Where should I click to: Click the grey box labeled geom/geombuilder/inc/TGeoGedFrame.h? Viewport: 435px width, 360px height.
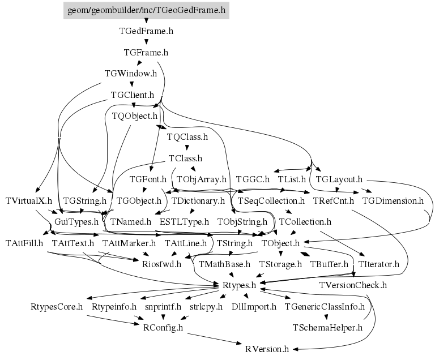click(146, 10)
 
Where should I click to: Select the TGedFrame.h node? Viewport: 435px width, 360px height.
click(146, 31)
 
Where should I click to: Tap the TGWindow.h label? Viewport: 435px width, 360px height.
click(131, 74)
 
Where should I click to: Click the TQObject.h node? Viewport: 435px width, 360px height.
click(134, 116)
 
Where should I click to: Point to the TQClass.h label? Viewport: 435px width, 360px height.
click(187, 137)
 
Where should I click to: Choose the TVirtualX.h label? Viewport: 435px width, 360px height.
click(28, 201)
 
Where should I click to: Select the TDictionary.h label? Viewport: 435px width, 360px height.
click(198, 201)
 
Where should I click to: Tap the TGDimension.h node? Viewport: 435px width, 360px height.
click(393, 201)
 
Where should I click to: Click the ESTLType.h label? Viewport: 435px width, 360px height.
click(184, 222)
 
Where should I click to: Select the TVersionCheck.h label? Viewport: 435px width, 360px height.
click(353, 285)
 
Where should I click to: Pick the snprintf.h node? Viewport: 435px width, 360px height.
click(163, 307)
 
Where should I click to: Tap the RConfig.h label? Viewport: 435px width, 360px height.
click(163, 328)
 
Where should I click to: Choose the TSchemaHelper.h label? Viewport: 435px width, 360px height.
click(327, 328)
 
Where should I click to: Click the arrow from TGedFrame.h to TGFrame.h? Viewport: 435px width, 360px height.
click(146, 41)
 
